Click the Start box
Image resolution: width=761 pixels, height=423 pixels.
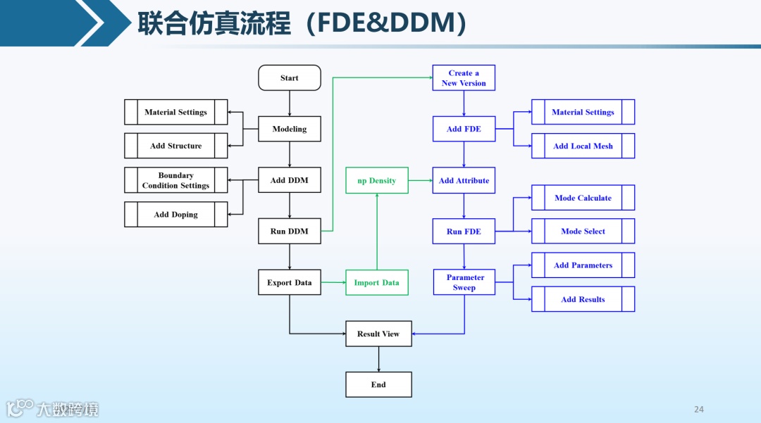(290, 78)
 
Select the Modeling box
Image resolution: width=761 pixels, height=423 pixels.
(290, 129)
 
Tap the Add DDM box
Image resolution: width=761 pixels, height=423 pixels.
(290, 180)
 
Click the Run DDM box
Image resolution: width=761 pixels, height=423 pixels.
(290, 231)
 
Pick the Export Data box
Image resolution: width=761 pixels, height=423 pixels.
(290, 282)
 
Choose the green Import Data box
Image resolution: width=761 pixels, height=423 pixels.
(377, 282)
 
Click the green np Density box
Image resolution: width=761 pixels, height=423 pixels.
(377, 181)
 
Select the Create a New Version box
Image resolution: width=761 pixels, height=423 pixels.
(464, 78)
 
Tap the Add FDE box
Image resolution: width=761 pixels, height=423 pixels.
(464, 129)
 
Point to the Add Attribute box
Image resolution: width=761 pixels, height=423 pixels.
(464, 181)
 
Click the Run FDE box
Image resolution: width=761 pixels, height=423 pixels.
(464, 232)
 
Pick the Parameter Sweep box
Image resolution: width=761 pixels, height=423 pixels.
(464, 282)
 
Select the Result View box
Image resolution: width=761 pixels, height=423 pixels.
(378, 334)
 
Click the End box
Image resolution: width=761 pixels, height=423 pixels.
(378, 384)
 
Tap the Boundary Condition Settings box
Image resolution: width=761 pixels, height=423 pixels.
(176, 180)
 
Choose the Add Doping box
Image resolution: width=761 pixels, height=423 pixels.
(176, 215)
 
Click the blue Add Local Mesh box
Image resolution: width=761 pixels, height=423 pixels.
(583, 146)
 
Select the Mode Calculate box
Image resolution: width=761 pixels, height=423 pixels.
(583, 198)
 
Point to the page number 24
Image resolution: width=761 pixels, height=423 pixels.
(699, 410)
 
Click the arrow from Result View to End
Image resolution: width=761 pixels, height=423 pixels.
(378, 359)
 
